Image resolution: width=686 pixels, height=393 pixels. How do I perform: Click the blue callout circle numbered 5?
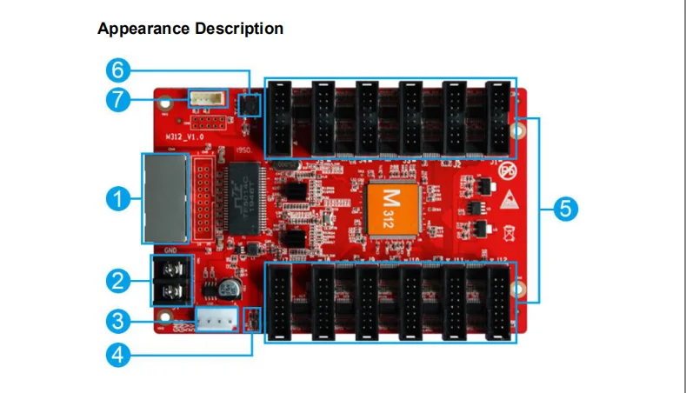(x=565, y=209)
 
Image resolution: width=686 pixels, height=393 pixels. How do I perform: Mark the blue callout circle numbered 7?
(x=120, y=99)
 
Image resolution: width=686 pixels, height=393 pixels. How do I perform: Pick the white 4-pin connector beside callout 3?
(x=216, y=320)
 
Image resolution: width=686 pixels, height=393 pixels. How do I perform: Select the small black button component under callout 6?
(x=250, y=106)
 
